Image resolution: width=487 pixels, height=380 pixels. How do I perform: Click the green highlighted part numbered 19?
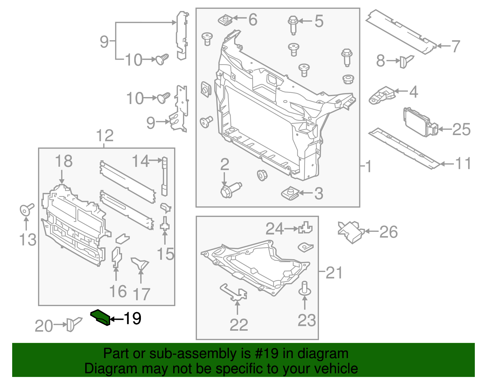click(x=100, y=317)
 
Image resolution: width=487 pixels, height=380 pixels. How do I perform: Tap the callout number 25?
click(x=461, y=130)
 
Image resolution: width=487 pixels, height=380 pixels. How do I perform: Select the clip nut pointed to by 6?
click(x=225, y=20)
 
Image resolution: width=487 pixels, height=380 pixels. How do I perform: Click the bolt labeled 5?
click(x=293, y=24)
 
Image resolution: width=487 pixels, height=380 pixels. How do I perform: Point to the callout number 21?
click(x=334, y=273)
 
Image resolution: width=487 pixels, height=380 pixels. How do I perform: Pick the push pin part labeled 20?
click(x=73, y=324)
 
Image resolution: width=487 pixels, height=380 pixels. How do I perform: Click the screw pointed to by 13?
click(x=26, y=209)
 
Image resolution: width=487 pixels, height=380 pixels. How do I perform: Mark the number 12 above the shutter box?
click(x=105, y=136)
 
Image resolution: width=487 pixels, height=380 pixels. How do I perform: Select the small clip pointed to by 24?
click(x=305, y=228)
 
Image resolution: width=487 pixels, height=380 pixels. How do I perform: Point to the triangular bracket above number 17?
click(x=140, y=263)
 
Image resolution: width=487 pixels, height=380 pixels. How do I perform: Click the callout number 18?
click(x=64, y=161)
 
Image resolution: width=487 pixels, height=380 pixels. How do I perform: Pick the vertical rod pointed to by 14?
click(x=164, y=176)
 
